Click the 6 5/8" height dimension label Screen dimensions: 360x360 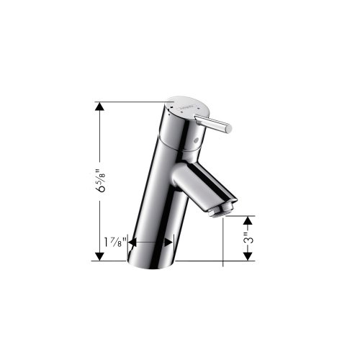100,181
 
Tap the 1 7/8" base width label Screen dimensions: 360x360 115,243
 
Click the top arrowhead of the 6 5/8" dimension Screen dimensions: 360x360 99,107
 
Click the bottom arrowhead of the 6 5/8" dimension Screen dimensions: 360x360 99,256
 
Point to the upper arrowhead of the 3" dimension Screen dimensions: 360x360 248,220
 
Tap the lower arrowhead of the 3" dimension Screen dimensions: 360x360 248,256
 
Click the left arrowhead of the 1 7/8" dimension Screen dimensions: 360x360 132,243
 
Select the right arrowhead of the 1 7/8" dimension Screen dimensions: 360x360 168,243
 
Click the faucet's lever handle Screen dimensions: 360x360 213,124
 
